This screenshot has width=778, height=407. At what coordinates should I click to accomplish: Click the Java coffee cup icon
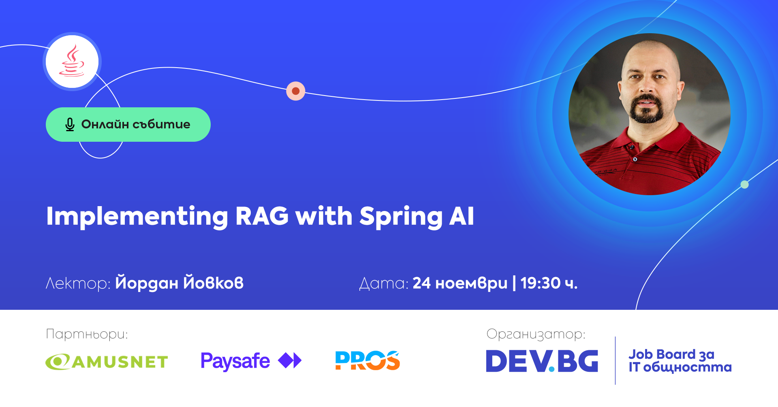72,61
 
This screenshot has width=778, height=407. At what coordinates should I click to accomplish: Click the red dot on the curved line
296,91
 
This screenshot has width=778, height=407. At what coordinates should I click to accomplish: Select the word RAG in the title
262,216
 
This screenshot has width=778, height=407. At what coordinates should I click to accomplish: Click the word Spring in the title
401,217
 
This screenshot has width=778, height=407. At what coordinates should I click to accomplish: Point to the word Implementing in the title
137,217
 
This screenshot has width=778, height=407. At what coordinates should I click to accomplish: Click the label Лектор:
78,283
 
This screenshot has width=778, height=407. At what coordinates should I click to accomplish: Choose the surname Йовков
214,282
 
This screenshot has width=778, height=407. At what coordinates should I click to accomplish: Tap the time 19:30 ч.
549,283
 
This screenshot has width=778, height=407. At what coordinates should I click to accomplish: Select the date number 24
421,283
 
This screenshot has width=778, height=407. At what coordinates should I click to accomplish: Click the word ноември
471,283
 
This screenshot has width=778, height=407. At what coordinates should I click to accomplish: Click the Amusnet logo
107,362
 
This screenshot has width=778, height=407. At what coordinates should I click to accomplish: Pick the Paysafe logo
251,361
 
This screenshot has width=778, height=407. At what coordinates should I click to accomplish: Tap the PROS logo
368,360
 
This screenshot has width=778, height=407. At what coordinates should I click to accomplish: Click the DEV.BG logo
542,361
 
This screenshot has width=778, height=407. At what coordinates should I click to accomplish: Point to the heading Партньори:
87,335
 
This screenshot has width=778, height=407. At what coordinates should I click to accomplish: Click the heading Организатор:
536,335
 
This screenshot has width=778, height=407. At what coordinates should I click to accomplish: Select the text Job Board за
671,355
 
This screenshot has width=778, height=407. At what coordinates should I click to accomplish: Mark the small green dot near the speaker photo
744,185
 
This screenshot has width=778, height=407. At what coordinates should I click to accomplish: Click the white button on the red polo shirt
635,159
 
